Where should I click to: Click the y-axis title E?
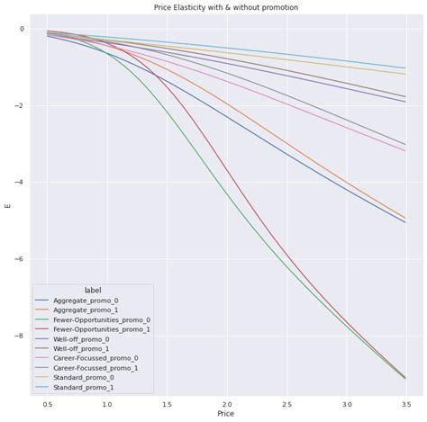8,205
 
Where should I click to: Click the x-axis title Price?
225,413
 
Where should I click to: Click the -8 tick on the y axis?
20,337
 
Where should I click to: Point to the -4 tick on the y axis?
20,183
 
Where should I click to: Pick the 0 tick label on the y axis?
22,29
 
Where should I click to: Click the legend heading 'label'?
93,289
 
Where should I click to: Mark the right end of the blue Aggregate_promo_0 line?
404,222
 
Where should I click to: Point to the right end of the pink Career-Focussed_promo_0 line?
404,150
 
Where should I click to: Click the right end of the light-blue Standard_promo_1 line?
404,68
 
